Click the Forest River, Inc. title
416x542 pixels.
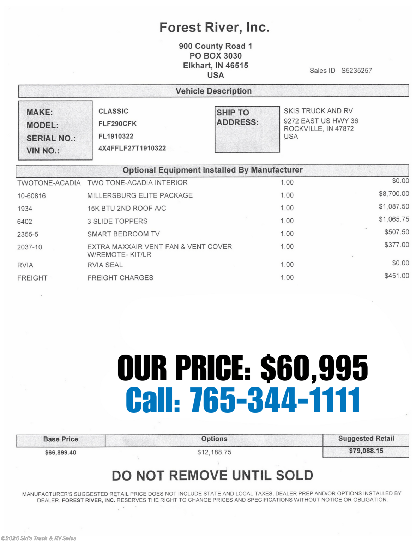coord(214,28)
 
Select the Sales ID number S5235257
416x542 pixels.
coord(356,71)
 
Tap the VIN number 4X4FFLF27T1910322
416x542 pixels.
coord(132,148)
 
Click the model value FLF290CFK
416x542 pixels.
coord(117,124)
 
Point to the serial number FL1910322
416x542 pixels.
coord(116,136)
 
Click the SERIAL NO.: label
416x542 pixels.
coord(51,138)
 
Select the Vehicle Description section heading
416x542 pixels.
coord(213,91)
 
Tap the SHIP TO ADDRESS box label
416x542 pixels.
coord(237,118)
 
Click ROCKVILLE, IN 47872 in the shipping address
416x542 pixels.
coord(319,129)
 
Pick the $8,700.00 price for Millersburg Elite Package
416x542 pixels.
coord(394,194)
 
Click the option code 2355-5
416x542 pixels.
coord(28,234)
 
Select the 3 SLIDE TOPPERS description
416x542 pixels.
coord(117,221)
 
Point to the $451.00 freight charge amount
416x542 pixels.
coord(397,276)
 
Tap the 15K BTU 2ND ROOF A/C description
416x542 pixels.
coord(126,208)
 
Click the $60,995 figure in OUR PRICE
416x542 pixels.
coord(314,368)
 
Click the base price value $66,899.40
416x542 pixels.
coord(60,452)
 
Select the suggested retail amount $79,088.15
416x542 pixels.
coord(366,451)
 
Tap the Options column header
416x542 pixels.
coord(214,439)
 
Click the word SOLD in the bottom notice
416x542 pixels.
coord(294,476)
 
